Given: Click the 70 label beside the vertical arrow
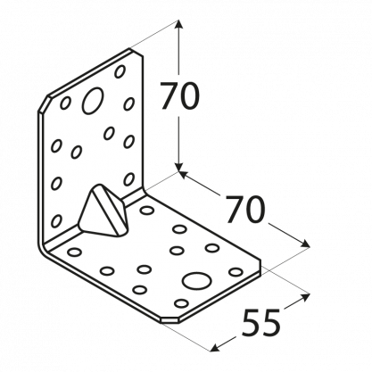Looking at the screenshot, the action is coord(179,95).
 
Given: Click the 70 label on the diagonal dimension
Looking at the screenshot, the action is coord(244,210).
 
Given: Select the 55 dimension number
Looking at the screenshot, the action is coord(260,323).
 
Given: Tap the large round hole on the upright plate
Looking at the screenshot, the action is coord(93,101).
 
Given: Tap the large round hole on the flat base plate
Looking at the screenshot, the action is coord(197,281).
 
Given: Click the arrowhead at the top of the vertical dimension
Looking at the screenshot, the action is coord(178,24).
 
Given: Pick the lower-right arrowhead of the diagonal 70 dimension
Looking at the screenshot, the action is coord(305,244).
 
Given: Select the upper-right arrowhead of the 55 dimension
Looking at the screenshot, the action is coord(306,296).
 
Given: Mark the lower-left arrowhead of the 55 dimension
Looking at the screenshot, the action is coord(215,348).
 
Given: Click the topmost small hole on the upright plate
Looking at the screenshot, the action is coord(120,71).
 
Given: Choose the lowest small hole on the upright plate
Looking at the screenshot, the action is coord(56,221).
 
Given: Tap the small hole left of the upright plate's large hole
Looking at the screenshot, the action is coord(65,103).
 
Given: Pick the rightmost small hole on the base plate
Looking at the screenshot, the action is coord(236,271).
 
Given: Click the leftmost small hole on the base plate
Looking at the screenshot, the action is coord(74,252).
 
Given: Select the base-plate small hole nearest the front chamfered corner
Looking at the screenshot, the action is coord(181,303).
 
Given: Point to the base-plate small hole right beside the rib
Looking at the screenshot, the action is coord(147,211).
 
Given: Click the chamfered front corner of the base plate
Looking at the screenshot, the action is coord(169,319).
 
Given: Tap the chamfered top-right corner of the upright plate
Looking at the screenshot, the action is coord(136,52).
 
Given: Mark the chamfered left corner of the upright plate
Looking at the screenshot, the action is coord(44,103).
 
